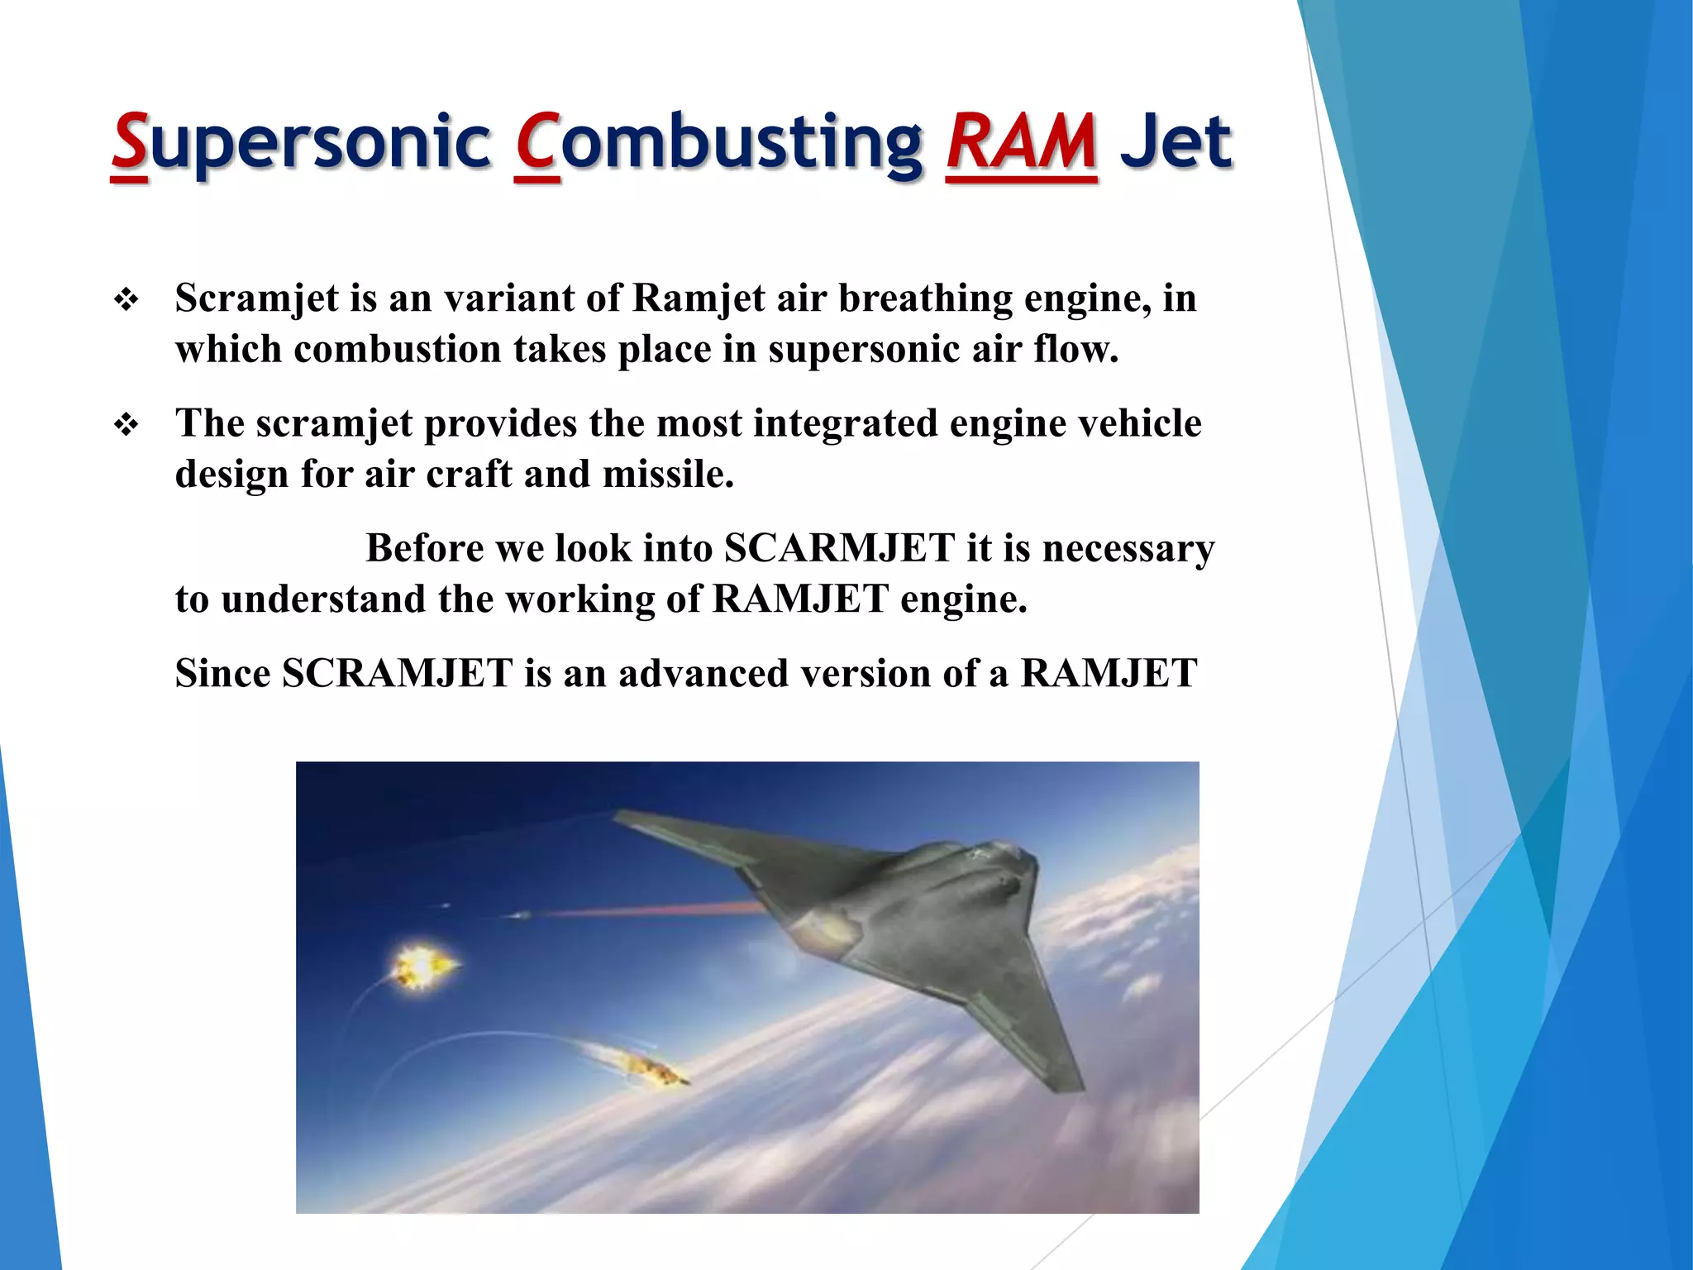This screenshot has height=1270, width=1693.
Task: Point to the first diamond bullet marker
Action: [x=126, y=299]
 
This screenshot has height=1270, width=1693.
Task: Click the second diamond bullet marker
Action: [x=126, y=425]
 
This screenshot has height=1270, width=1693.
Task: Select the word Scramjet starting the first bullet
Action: [x=257, y=299]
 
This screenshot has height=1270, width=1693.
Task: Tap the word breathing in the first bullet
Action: [x=925, y=299]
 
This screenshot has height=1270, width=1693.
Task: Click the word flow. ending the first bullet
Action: [x=1075, y=349]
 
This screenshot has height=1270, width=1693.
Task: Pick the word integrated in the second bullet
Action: [x=845, y=424]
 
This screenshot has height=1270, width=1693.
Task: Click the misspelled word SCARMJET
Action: [x=839, y=549]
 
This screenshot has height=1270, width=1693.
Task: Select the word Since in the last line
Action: [x=222, y=674]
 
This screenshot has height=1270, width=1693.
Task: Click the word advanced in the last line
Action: [x=703, y=674]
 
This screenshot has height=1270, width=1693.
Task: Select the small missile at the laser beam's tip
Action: [x=517, y=914]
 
